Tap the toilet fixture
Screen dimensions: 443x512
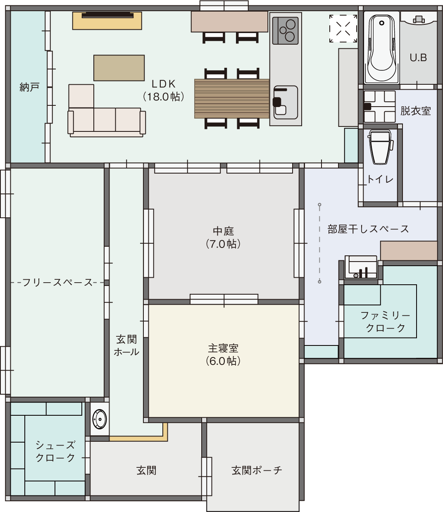tap(380, 147)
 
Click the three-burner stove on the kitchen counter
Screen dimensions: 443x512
tap(285, 31)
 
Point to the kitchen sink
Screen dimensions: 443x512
tap(286, 102)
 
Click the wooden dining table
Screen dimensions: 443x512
tap(232, 99)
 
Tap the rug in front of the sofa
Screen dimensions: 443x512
tap(119, 68)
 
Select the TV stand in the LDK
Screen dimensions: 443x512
tap(107, 21)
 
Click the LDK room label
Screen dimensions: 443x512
tap(164, 90)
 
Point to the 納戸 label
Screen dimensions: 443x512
tap(29, 87)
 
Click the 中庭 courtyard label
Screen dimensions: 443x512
tap(223, 238)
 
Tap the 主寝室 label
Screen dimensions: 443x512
tap(223, 355)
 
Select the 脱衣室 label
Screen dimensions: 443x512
tap(415, 111)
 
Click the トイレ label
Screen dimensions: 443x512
tap(380, 179)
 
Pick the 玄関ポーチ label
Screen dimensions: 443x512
tap(257, 470)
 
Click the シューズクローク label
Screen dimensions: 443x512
tap(55, 451)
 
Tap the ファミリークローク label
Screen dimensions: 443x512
tap(386, 322)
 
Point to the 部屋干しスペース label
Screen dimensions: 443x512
tap(368, 229)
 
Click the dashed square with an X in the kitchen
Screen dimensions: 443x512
tap(343, 29)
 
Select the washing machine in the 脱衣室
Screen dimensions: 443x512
tap(379, 107)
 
